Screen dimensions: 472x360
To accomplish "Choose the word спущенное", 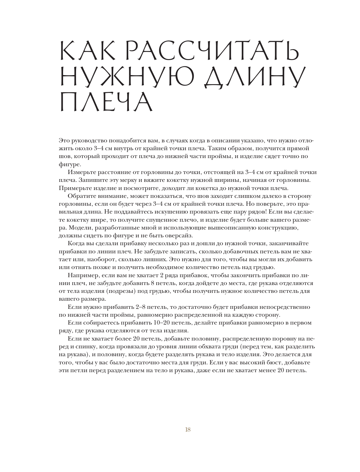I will coord(169,220).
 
